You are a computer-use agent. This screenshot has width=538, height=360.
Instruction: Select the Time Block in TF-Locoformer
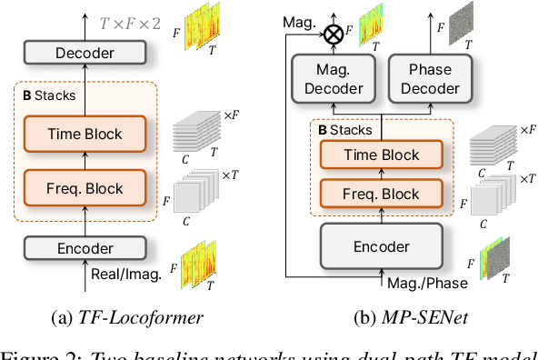tap(85, 134)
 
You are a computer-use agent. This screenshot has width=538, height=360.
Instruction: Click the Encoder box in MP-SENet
tap(381, 245)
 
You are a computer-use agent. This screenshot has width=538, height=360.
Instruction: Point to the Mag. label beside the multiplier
tap(300, 18)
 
